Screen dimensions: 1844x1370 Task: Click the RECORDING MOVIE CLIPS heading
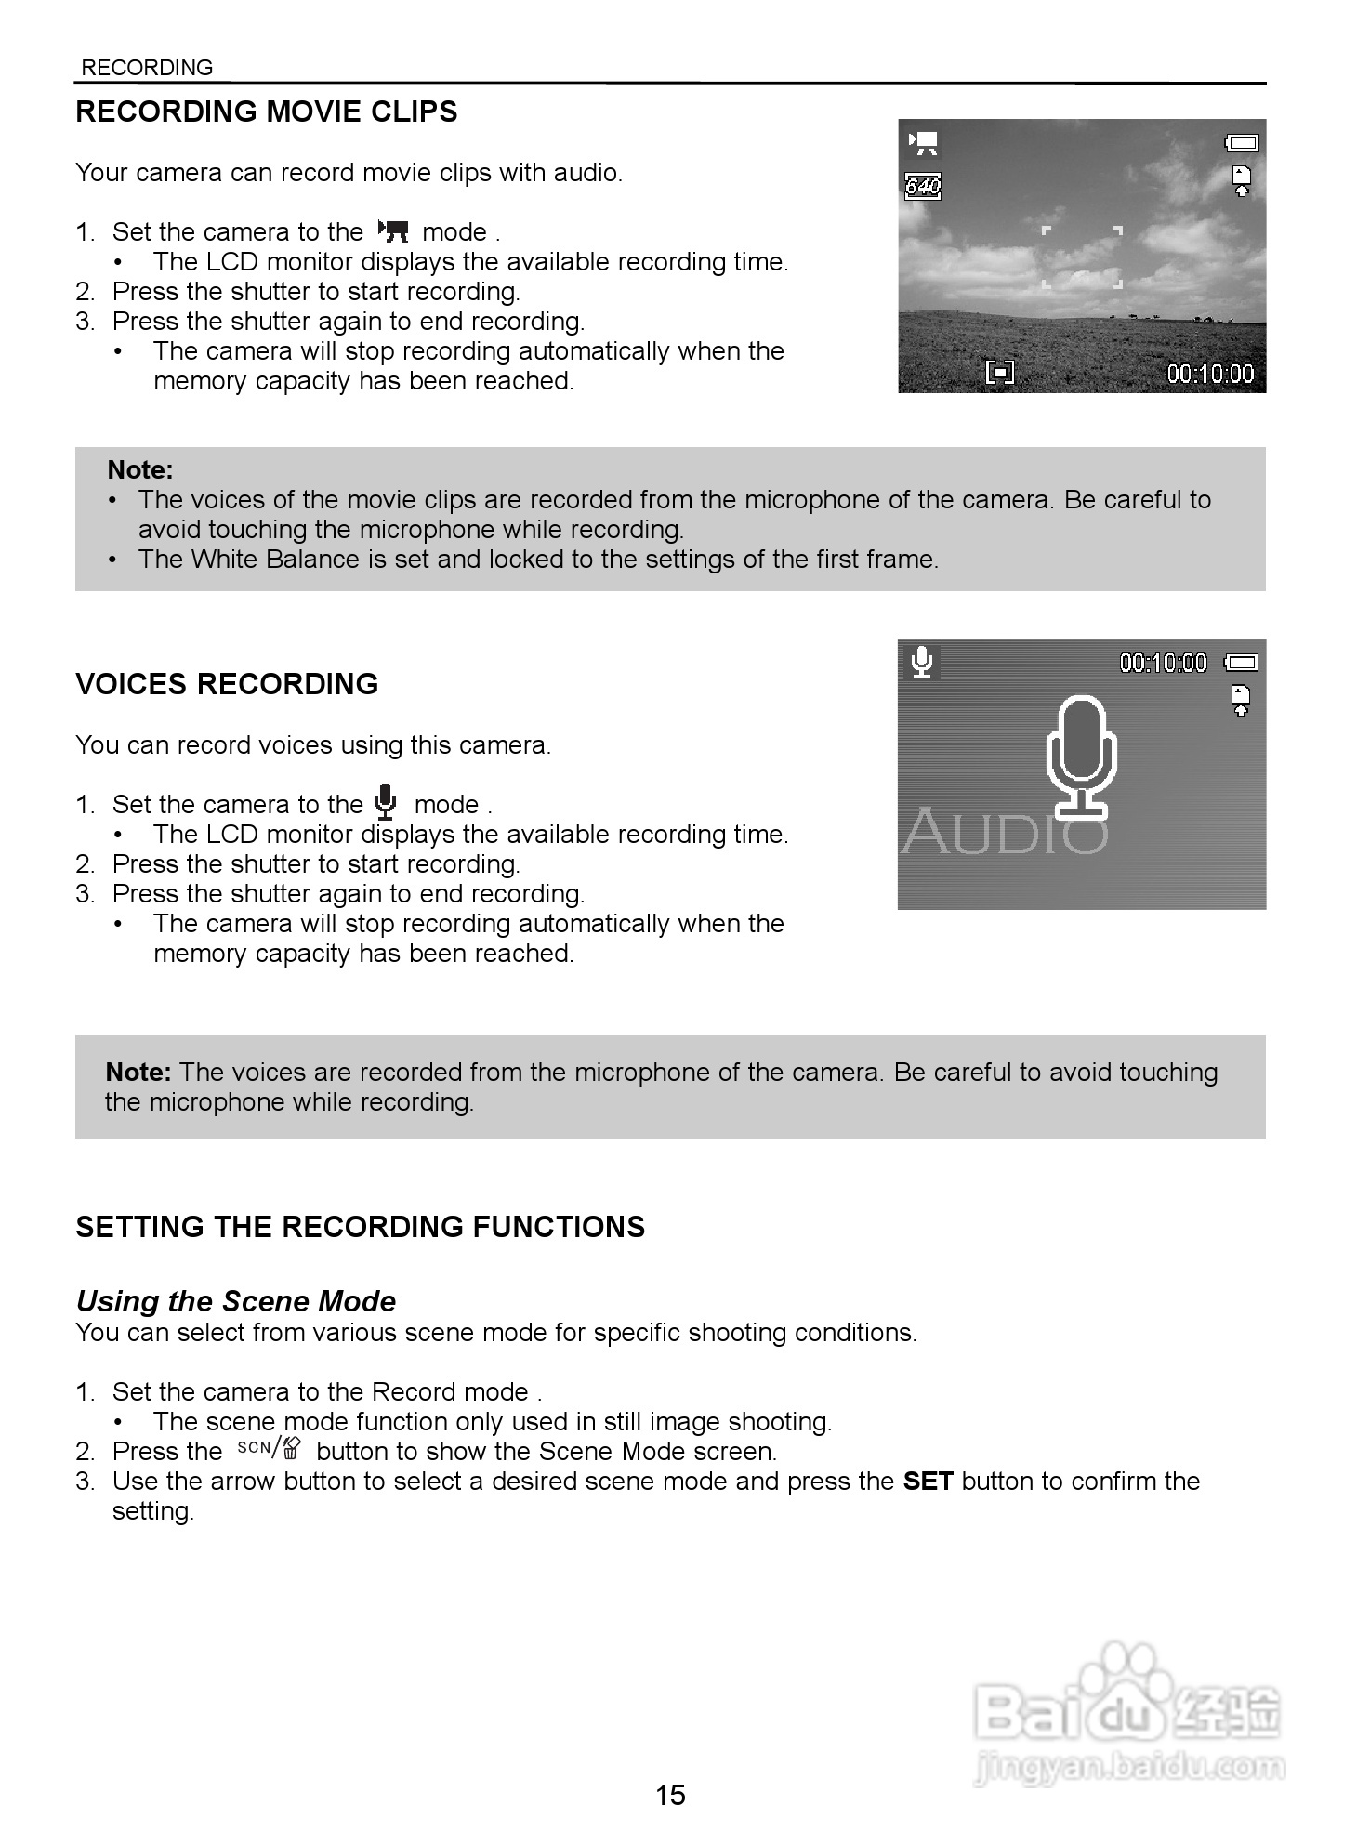pos(266,112)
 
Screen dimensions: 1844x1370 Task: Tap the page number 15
pos(670,1794)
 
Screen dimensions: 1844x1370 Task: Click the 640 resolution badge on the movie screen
pos(923,186)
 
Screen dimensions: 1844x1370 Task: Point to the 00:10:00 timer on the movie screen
pos(1210,374)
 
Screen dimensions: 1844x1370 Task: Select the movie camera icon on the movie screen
pos(924,142)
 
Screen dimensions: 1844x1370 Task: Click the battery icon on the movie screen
pos(1242,142)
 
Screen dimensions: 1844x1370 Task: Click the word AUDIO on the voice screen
pos(1004,830)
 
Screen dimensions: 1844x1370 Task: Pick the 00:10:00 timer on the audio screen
pos(1163,663)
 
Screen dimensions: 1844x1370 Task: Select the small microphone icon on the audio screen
pos(921,662)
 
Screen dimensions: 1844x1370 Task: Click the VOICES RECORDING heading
pos(227,684)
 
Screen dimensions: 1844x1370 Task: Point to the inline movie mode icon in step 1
pos(394,231)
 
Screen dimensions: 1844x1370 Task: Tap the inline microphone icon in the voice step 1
pos(385,801)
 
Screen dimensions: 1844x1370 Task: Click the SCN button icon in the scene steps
pos(270,1449)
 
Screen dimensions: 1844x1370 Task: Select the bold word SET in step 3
pos(928,1481)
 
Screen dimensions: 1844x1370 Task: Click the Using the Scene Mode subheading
pos(236,1301)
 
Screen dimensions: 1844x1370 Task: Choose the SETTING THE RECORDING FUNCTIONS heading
pos(360,1227)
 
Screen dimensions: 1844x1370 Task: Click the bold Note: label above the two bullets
pos(140,469)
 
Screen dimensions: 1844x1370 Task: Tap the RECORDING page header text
pos(147,68)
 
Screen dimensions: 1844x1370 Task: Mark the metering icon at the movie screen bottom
pos(999,374)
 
